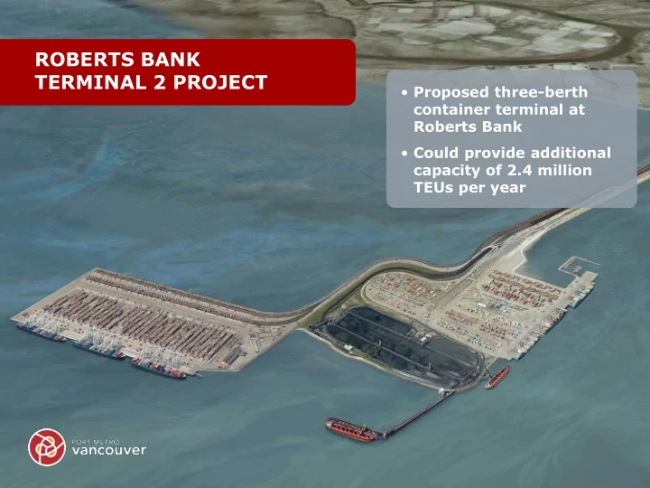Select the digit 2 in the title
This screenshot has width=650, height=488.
pyautogui.click(x=160, y=82)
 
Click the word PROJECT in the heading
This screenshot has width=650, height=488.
pyautogui.click(x=220, y=82)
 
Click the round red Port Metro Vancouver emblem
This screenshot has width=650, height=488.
pyautogui.click(x=47, y=447)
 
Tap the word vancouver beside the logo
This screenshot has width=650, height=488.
pyautogui.click(x=109, y=450)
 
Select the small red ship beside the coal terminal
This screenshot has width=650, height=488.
pyautogui.click(x=497, y=378)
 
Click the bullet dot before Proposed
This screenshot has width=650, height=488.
pyautogui.click(x=404, y=92)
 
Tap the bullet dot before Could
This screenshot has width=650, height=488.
pyautogui.click(x=404, y=154)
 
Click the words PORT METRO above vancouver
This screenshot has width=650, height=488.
pyautogui.click(x=96, y=442)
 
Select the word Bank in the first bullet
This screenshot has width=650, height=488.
pyautogui.click(x=504, y=127)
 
